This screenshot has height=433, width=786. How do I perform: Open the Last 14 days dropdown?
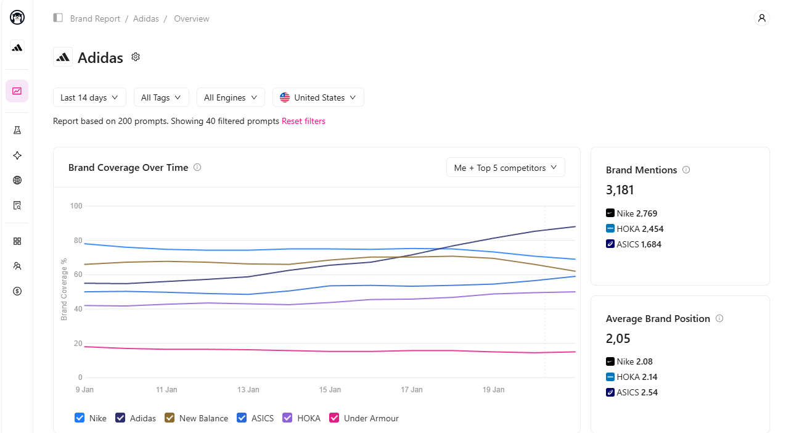(x=89, y=97)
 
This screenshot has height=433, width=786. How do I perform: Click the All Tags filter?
(x=161, y=97)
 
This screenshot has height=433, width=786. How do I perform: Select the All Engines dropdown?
(x=231, y=97)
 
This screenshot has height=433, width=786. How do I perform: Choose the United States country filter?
(x=318, y=97)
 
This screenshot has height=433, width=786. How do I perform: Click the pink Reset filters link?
(x=303, y=121)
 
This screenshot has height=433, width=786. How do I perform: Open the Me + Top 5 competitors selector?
(x=506, y=168)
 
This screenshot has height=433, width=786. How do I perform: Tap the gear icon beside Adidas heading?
(x=136, y=57)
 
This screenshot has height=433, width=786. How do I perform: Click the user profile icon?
(x=761, y=18)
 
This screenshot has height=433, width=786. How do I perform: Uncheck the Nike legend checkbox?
(x=80, y=418)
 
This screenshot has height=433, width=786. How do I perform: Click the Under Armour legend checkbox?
(x=334, y=418)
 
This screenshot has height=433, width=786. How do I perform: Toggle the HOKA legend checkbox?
(x=287, y=418)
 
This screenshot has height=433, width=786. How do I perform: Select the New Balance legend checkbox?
(x=170, y=418)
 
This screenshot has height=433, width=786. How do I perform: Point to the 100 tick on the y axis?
(x=76, y=206)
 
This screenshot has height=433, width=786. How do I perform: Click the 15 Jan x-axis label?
(x=330, y=389)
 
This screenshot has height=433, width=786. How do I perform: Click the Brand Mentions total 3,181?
(x=620, y=190)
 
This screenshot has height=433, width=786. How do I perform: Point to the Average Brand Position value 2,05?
(x=618, y=339)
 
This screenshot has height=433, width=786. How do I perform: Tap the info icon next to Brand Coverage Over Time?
(x=197, y=168)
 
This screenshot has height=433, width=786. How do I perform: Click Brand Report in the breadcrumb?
(x=95, y=19)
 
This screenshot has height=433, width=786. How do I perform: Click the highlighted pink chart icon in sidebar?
(x=17, y=91)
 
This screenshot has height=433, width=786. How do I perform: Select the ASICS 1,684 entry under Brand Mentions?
(x=633, y=244)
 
